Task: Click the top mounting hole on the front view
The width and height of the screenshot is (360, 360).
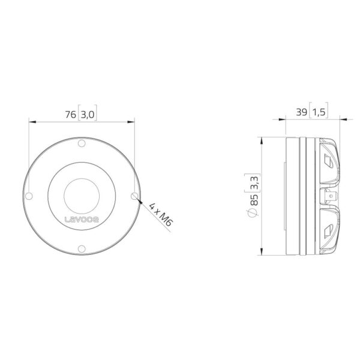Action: click(82, 143)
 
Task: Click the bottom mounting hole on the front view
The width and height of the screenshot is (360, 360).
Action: click(82, 248)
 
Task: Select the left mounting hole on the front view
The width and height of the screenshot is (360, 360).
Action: click(29, 196)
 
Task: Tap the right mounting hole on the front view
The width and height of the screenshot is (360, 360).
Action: click(134, 196)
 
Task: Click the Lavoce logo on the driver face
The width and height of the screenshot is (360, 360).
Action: click(82, 220)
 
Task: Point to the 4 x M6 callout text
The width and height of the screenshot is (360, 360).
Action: click(160, 214)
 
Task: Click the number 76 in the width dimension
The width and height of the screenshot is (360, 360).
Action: click(70, 115)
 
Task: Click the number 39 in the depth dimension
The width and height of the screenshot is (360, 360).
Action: click(301, 112)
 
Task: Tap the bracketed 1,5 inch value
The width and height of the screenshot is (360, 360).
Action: click(319, 112)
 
